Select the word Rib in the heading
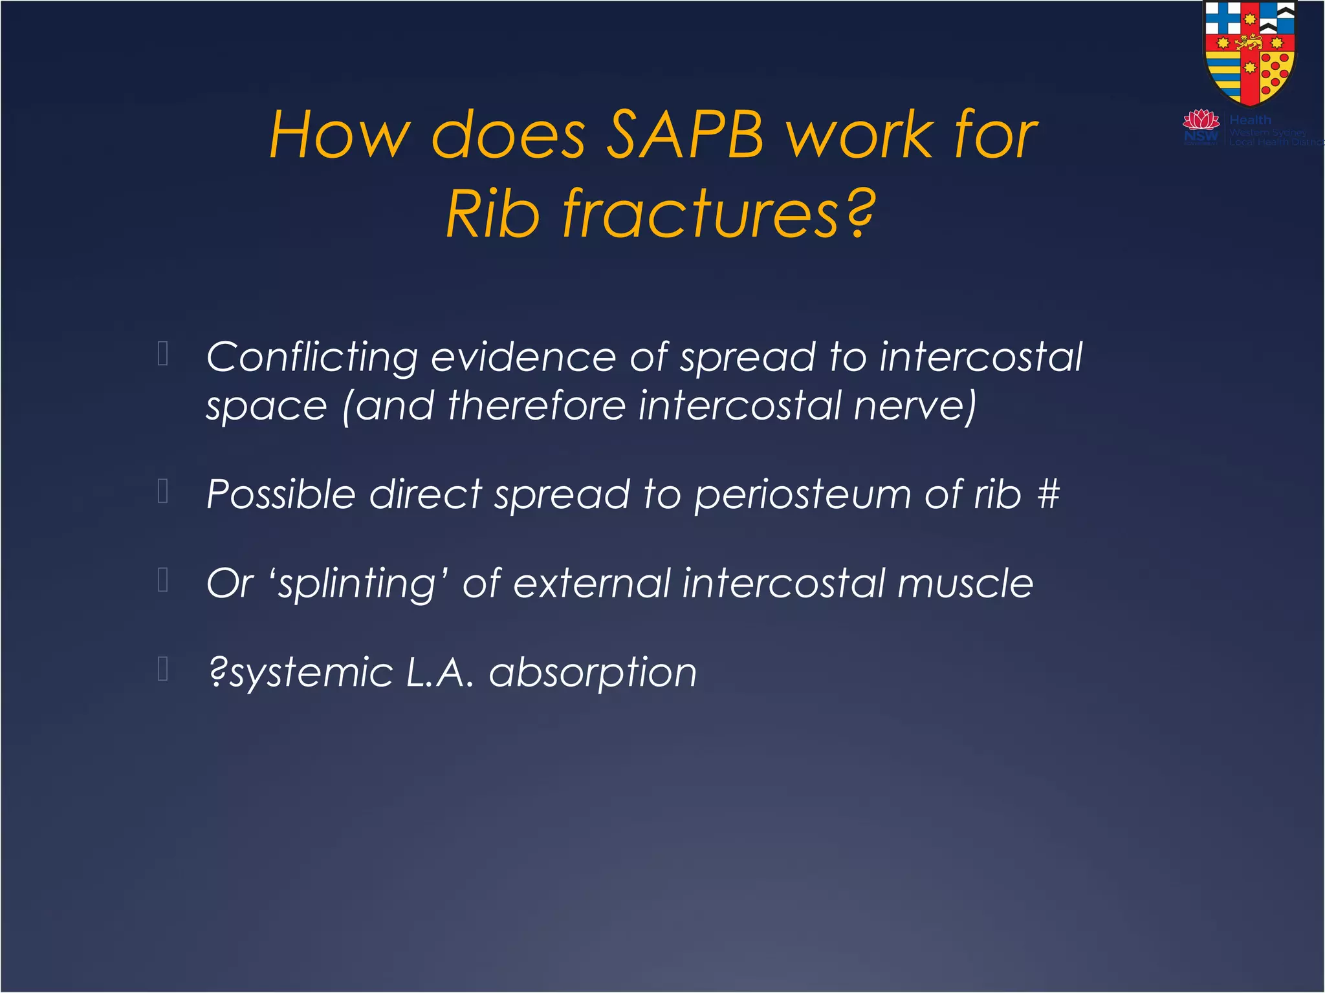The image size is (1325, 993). click(x=492, y=214)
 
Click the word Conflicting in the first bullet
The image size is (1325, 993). click(x=312, y=358)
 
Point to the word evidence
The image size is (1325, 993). click(x=523, y=357)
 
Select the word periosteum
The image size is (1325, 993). click(x=802, y=495)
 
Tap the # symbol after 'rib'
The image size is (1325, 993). click(x=1048, y=495)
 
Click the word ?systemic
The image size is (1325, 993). click(x=300, y=673)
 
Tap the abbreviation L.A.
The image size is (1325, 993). click(x=440, y=672)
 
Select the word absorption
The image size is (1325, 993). click(x=593, y=673)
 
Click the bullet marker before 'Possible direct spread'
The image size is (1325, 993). click(x=163, y=491)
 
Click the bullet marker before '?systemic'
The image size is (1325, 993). click(x=163, y=669)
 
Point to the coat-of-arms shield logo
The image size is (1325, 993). click(x=1249, y=52)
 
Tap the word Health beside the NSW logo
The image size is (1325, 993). click(x=1250, y=120)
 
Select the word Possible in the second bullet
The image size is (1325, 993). click(x=281, y=495)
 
